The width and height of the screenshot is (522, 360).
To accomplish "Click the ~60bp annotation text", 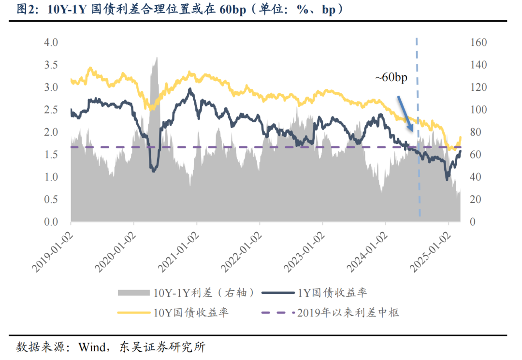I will pos(391,78).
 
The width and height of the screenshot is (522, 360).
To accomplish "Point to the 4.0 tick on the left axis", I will pos(51,43).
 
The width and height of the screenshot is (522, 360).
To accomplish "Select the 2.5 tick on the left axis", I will pos(51,110).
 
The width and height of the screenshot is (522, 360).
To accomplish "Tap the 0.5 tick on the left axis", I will pos(51,200).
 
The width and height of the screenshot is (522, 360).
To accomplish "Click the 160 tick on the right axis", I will pos(478,43).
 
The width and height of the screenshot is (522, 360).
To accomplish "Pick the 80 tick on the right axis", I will pos(476,132).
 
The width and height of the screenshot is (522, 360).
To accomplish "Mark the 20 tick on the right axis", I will pos(476,200).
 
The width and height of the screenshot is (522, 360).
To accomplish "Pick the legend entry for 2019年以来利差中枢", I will pos(348,313).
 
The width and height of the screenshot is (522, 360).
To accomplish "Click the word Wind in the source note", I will pos(90,347).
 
